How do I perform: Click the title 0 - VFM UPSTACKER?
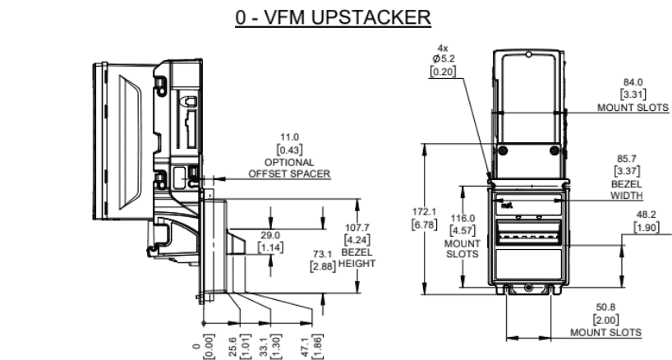[334, 16]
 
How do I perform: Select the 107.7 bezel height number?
[358, 229]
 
